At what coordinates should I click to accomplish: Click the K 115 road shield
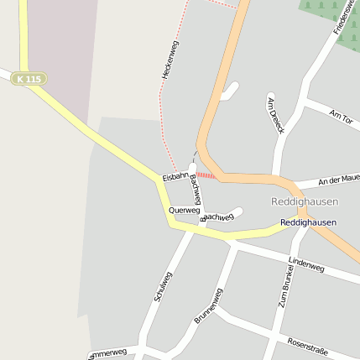coord(29,78)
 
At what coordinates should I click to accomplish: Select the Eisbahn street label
coord(176,177)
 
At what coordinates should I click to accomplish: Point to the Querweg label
coord(184,210)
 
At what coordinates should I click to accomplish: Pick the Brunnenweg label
coord(208,305)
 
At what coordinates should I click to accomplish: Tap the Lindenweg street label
coord(305,265)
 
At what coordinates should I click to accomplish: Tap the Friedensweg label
coord(345,17)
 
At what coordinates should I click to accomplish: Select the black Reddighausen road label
coord(308,222)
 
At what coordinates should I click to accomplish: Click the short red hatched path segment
coord(206,175)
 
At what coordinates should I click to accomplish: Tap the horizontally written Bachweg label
coord(219,217)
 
